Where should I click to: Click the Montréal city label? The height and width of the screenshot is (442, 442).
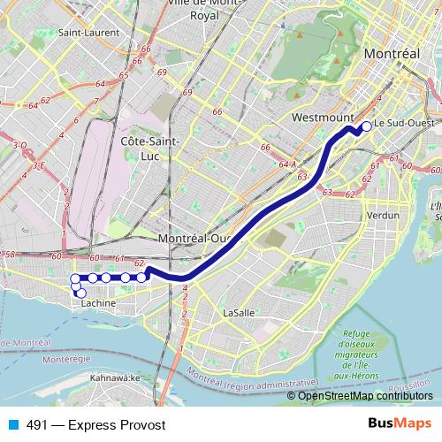(x=391, y=54)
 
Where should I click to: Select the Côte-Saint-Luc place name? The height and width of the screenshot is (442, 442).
(x=149, y=148)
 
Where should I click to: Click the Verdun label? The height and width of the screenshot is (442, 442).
(x=383, y=215)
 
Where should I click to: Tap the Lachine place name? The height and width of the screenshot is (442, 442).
(x=98, y=303)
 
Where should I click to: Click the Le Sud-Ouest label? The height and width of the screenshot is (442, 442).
(x=404, y=124)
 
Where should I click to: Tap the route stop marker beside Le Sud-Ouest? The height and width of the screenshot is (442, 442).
(x=366, y=125)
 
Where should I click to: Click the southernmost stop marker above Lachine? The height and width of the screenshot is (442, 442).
(x=81, y=293)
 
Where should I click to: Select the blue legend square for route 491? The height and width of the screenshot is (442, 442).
(x=14, y=425)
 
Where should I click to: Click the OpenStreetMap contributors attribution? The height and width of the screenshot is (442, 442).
(x=366, y=396)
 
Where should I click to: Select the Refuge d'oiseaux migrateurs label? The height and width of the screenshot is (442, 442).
(x=356, y=353)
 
